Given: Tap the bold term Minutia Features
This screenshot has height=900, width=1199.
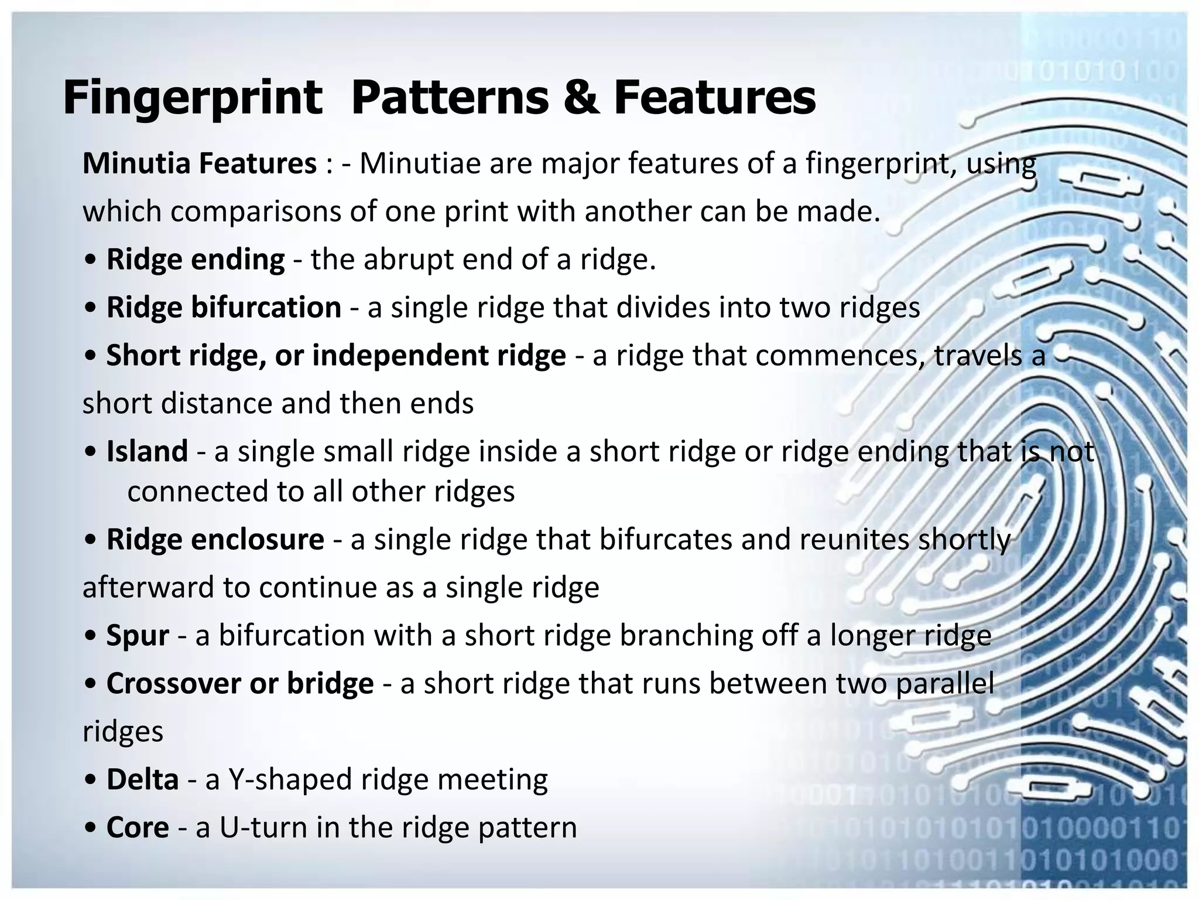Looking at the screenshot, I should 199,163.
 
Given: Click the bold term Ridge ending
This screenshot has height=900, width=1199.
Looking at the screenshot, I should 195,260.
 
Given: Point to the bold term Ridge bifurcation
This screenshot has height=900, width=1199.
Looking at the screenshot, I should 224,308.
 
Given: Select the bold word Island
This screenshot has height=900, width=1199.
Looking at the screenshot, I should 147,452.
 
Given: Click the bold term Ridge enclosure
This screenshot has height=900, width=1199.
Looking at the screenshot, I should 215,540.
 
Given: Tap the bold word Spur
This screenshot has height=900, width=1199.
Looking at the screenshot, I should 138,636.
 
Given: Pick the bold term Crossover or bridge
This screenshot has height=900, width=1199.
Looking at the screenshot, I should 239,684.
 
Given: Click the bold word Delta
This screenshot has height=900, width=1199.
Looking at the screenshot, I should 142,780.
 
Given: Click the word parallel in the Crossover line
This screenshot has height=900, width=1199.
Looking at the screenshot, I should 944,684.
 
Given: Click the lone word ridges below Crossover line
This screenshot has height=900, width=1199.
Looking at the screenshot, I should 123,732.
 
